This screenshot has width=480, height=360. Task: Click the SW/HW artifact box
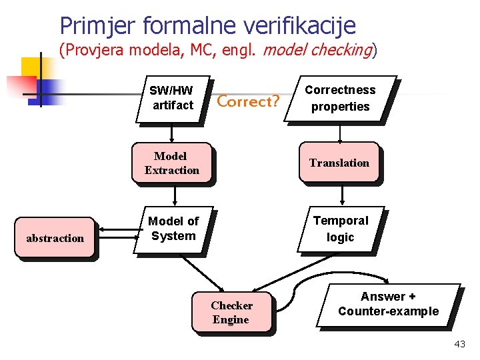pos(172,98)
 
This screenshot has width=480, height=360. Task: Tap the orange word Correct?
pos(248,102)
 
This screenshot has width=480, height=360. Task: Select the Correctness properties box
pos(340,98)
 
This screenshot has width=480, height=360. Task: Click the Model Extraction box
pos(171,163)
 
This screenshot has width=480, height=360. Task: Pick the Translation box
pos(339,163)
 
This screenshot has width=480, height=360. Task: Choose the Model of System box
pos(173,228)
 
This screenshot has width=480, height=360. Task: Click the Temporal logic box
pos(340,229)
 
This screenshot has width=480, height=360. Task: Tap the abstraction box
pos(55,238)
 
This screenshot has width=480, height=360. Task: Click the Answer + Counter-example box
pos(388,304)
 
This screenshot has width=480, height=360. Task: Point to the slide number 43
pos(459,344)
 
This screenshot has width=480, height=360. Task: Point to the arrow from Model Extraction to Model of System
pos(175,194)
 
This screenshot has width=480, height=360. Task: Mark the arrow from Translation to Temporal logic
pos(341,194)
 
